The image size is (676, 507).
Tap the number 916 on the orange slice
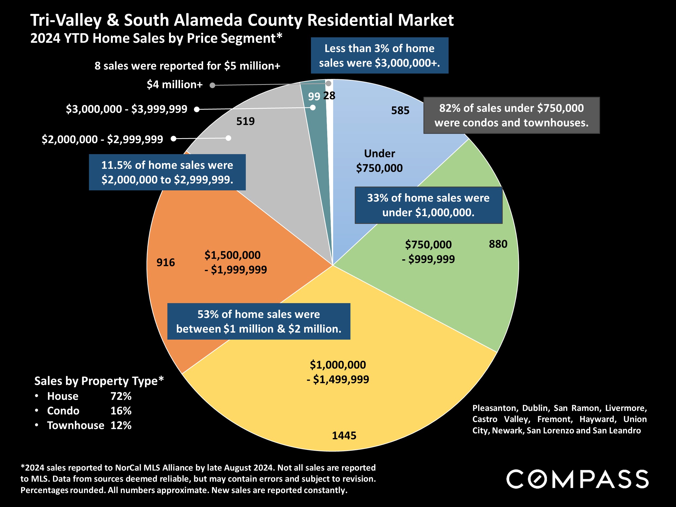pos(166,262)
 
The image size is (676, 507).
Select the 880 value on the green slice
pos(498,244)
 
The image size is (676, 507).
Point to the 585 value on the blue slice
pos(400,110)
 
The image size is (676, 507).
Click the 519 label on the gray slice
pos(246,121)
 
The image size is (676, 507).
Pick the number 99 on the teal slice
pos(314,97)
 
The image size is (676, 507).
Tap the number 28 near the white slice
pos(329,96)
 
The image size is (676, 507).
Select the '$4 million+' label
pos(174,85)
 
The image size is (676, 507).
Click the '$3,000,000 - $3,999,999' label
pos(127,109)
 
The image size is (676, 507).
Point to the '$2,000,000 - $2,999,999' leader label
pos(102,139)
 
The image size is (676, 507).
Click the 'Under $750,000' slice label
pos(379,161)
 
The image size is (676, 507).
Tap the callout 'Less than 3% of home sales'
pos(379,56)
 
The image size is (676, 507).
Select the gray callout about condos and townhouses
pos(511,115)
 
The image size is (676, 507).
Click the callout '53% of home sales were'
pos(259,321)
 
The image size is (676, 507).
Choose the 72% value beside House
pos(121,396)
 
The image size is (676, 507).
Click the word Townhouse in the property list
pos(75,425)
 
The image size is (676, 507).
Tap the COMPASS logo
pos(577,479)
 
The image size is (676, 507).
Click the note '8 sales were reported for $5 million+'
pos(187,66)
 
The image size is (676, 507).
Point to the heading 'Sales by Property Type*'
pos(99,381)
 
